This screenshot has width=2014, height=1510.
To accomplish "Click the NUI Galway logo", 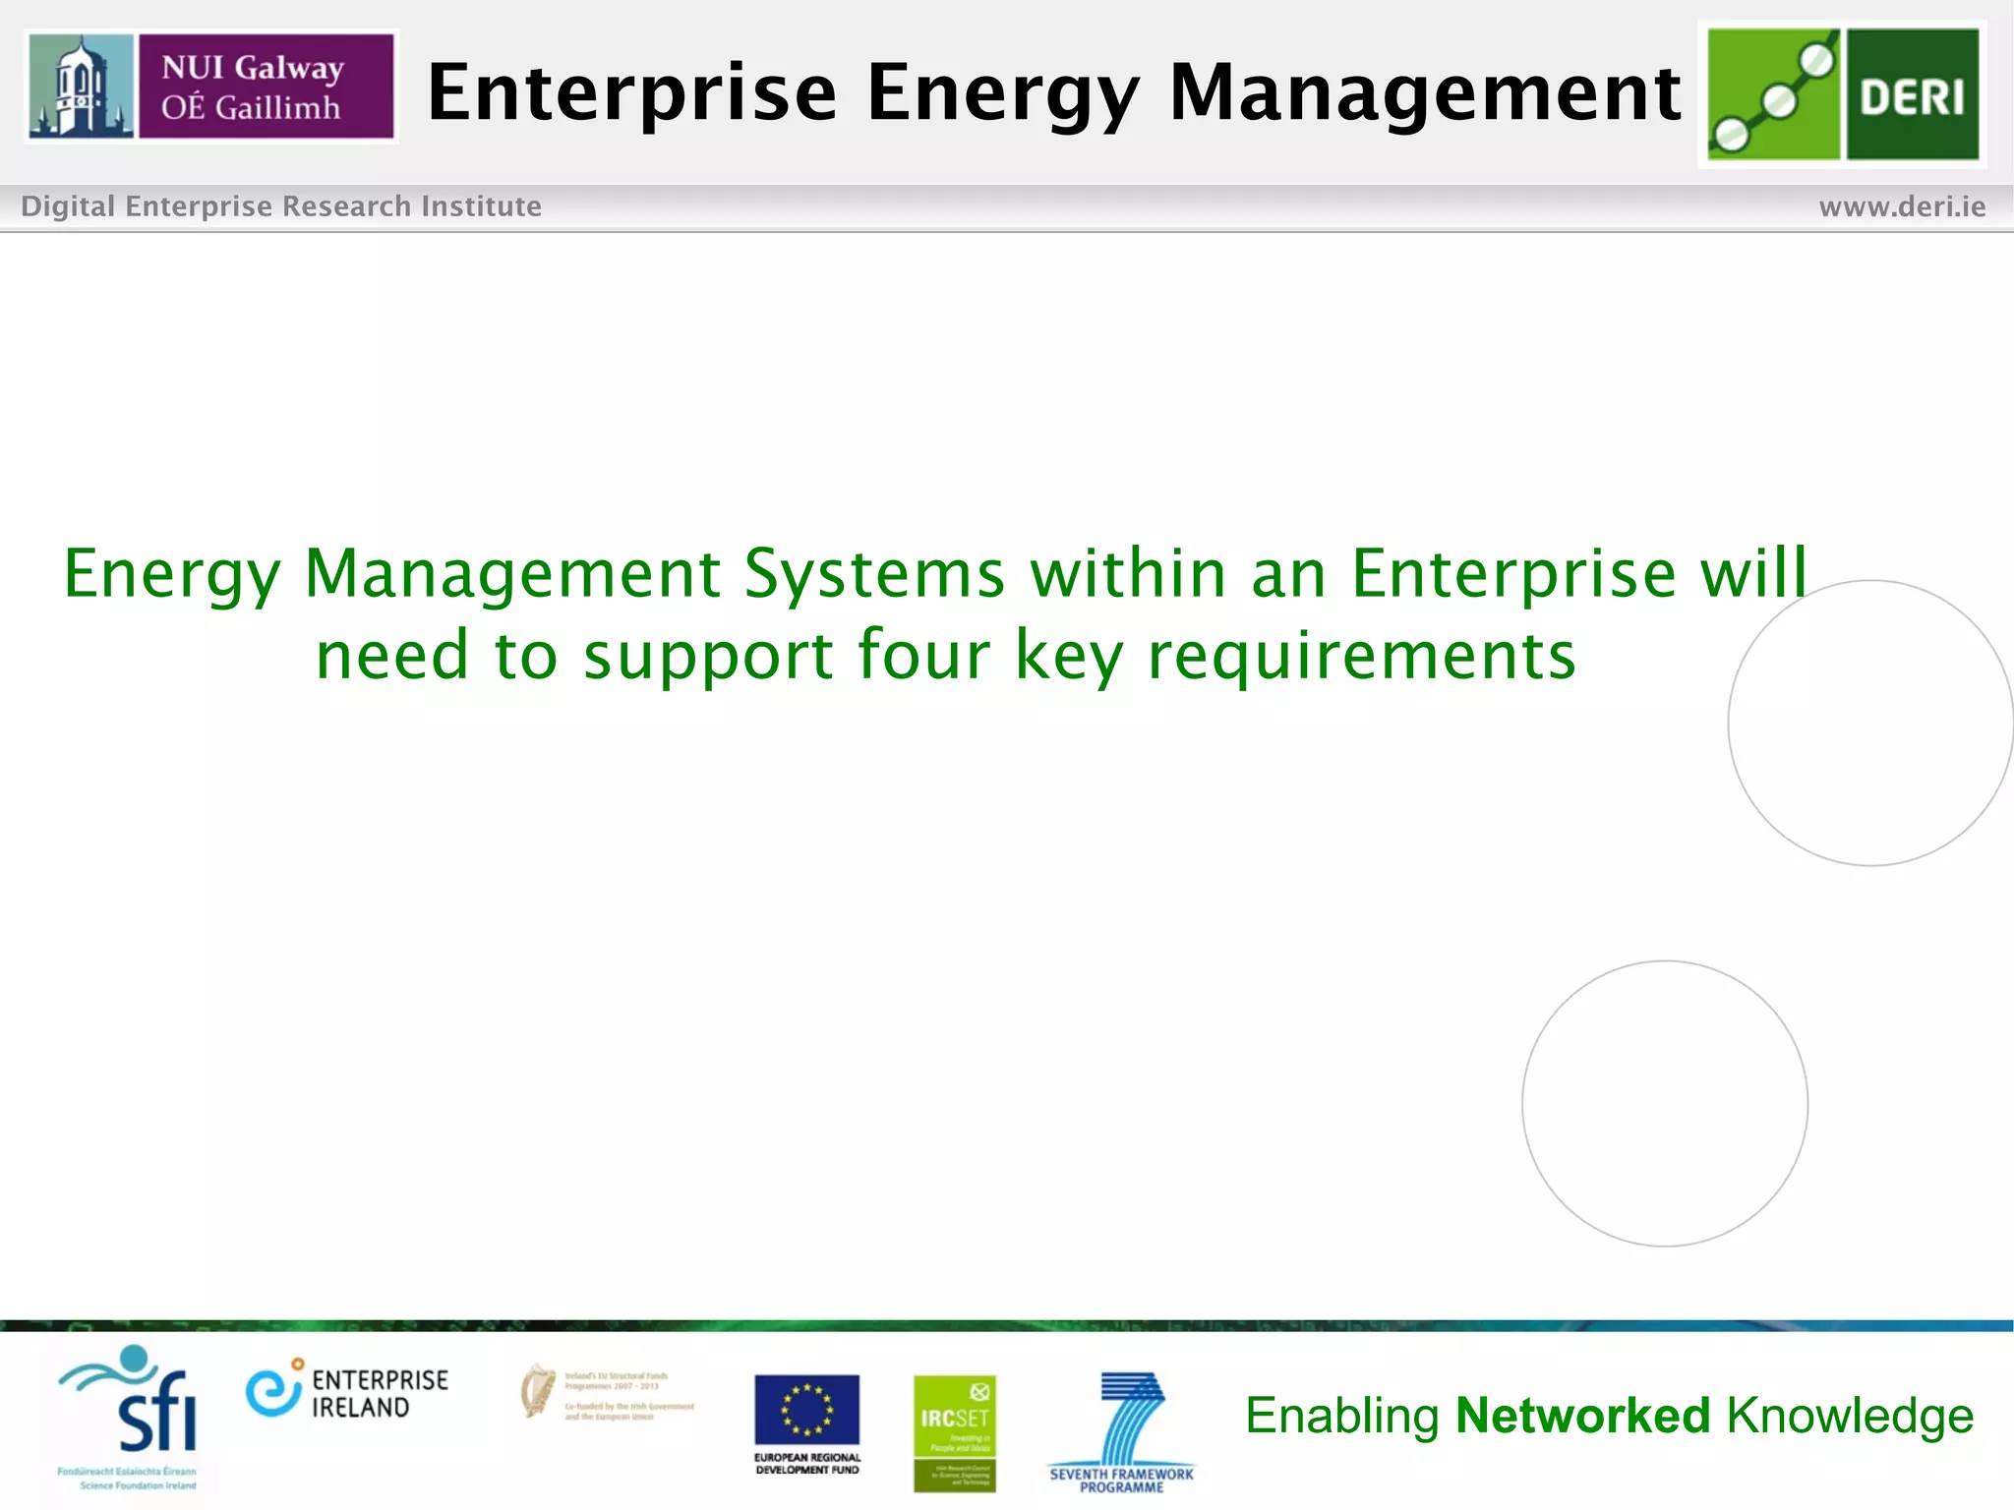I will pyautogui.click(x=211, y=87).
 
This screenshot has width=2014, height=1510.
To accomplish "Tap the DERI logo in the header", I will pyautogui.click(x=1842, y=94).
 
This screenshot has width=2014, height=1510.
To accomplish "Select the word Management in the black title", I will pyautogui.click(x=1425, y=92).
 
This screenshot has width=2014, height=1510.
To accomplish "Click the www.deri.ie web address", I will pyautogui.click(x=1902, y=206).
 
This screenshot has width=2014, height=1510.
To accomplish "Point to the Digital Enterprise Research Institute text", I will pyautogui.click(x=281, y=206).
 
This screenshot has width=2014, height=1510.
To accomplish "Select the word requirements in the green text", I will pyautogui.click(x=1362, y=657).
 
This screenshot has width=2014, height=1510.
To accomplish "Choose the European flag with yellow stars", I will pyautogui.click(x=806, y=1410).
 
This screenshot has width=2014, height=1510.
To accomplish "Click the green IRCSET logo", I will pyautogui.click(x=954, y=1432).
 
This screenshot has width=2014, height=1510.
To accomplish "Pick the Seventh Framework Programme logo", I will pyautogui.click(x=1122, y=1431).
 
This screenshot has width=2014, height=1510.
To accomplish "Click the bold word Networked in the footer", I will pyautogui.click(x=1582, y=1416).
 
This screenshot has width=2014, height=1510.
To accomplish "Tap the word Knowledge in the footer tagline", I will pyautogui.click(x=1850, y=1417).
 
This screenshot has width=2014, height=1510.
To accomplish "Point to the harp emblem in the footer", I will pyautogui.click(x=537, y=1391).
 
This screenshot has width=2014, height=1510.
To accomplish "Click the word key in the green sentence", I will pyautogui.click(x=1068, y=657).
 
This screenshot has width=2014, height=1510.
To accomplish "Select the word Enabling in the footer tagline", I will pyautogui.click(x=1341, y=1417).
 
